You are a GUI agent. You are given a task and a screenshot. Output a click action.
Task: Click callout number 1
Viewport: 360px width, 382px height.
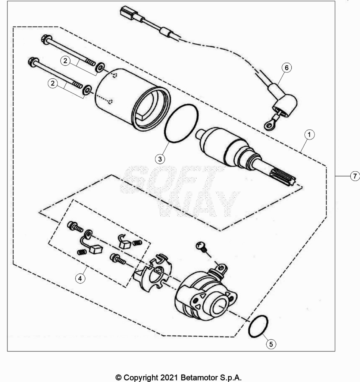point(309,134)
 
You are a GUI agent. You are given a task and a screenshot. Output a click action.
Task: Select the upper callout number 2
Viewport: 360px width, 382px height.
point(65,61)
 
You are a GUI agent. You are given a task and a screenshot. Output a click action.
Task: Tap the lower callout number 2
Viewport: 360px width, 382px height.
point(53,84)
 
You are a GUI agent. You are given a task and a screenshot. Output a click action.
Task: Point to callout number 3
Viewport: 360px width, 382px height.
point(160,159)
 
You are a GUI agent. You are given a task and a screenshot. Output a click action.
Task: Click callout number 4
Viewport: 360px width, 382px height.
point(80,278)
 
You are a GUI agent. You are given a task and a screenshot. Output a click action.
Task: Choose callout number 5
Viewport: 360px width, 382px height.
point(271,344)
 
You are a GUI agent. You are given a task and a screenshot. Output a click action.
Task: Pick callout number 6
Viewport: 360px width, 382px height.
point(287,68)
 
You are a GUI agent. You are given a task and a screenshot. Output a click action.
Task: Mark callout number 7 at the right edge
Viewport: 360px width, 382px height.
point(355,176)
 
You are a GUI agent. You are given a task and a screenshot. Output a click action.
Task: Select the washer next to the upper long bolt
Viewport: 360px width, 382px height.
point(100,67)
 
